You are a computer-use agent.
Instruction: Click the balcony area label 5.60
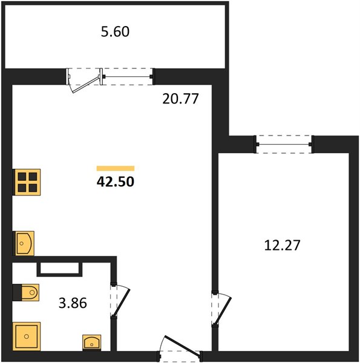[115, 31]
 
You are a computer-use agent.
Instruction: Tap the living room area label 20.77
[180, 99]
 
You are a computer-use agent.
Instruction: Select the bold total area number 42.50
[116, 181]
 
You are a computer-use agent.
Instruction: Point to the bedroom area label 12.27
[282, 246]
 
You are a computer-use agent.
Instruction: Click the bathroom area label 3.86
[73, 303]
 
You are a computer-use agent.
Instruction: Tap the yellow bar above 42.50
[116, 168]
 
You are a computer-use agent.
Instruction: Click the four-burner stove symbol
[28, 182]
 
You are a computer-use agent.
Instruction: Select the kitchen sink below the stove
[25, 243]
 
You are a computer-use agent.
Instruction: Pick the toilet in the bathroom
[30, 292]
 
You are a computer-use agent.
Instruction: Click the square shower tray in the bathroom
[27, 336]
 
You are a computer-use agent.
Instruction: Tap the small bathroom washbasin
[92, 342]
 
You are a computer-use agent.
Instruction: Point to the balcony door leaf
[86, 85]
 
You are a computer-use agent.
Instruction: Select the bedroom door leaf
[223, 311]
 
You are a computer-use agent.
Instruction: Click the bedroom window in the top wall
[284, 144]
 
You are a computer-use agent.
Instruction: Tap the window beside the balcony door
[128, 76]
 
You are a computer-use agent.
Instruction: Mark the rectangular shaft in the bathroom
[59, 269]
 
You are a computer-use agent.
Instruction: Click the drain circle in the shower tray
[27, 336]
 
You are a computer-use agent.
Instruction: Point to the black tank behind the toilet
[17, 293]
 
